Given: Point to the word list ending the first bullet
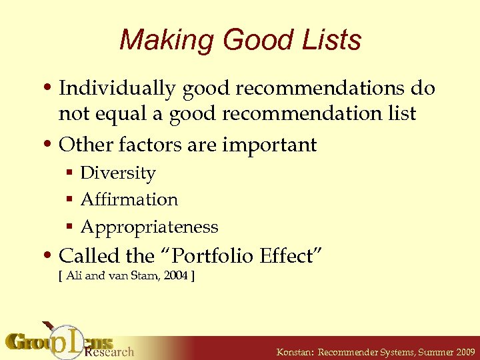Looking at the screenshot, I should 403,114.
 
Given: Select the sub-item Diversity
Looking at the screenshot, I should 118,173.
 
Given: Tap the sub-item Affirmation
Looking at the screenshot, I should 129,200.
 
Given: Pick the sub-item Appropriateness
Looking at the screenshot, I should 149,227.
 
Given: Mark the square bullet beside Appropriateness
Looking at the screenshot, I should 70,228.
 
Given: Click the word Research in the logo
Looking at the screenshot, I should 110,351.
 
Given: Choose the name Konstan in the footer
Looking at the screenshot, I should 294,351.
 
